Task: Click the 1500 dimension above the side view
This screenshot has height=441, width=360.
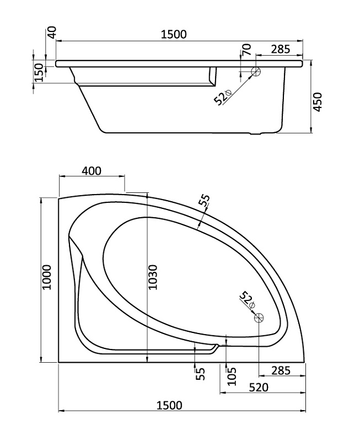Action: click(x=174, y=34)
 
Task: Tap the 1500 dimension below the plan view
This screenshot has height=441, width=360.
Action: click(x=169, y=405)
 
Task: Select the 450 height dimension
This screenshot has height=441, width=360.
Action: click(x=318, y=102)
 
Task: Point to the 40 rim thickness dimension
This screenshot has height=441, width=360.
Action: click(x=52, y=31)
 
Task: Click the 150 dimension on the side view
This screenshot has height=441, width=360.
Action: click(x=39, y=72)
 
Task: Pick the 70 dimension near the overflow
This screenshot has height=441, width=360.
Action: click(x=246, y=50)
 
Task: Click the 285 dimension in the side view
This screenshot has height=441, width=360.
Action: click(x=281, y=49)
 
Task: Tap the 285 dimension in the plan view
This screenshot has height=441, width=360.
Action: click(x=281, y=370)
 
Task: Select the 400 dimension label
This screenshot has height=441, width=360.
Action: click(x=92, y=171)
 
